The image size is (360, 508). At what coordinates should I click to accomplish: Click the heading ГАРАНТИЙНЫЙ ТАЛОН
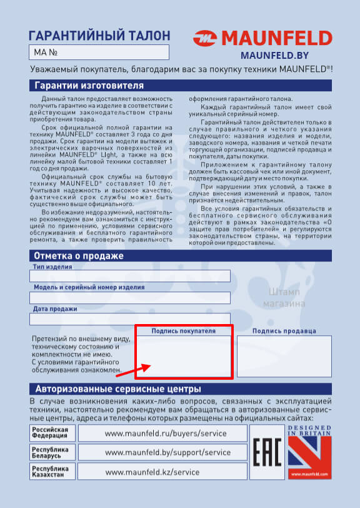(99, 35)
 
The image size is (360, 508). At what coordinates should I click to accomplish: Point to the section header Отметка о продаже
(79, 256)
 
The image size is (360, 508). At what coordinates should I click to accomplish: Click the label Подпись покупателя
(184, 331)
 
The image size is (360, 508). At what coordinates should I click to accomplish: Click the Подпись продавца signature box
(284, 356)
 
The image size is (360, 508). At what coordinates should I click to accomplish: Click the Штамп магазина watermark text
(287, 298)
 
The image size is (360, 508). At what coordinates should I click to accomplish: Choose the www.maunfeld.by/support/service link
(168, 452)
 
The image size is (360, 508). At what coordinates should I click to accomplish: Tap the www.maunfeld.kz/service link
(152, 471)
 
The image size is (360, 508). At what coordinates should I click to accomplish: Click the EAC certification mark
(266, 452)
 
